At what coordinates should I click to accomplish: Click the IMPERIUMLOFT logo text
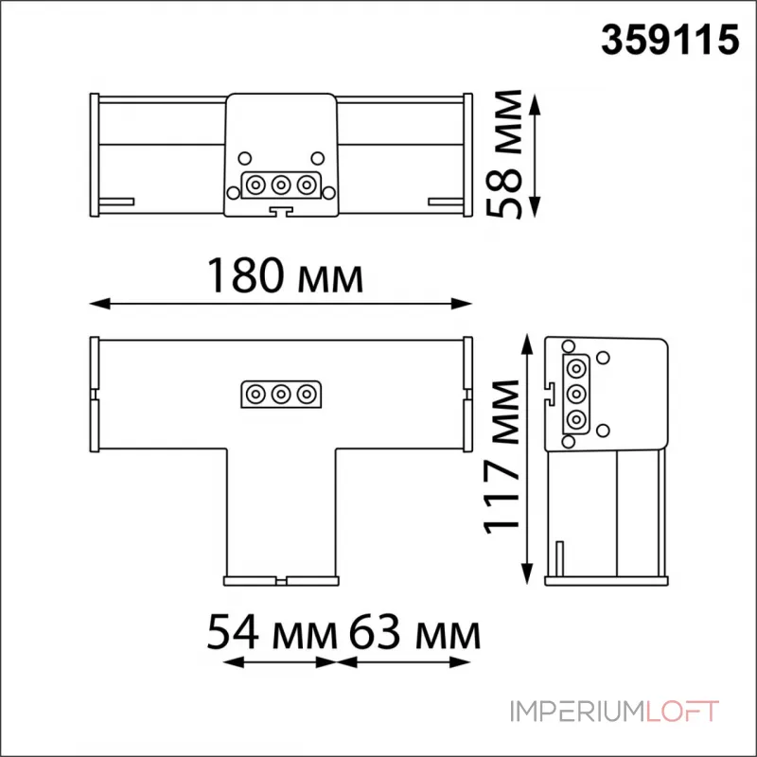[615, 711]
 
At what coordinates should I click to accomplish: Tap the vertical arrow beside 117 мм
[527, 458]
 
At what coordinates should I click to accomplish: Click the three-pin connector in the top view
[280, 184]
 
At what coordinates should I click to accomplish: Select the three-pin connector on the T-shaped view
[280, 393]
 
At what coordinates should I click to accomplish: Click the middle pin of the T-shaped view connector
[280, 393]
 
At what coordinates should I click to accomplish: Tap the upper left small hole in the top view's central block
[243, 158]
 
